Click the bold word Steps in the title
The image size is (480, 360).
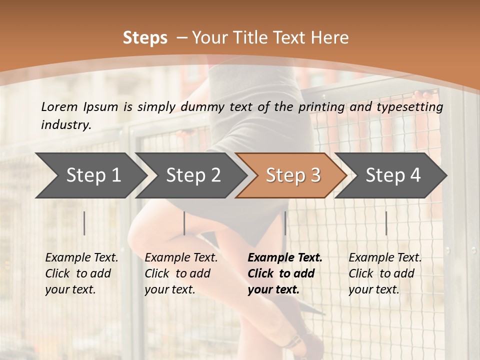145,38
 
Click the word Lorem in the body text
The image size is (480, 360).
58,107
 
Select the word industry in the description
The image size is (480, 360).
65,125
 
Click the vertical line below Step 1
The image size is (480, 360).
84,223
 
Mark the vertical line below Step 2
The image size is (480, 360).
184,223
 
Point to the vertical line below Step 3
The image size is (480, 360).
285,223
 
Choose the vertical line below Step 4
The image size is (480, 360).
386,223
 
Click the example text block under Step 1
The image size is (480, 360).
81,273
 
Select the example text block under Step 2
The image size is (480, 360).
181,273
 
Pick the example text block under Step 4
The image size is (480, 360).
385,273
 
